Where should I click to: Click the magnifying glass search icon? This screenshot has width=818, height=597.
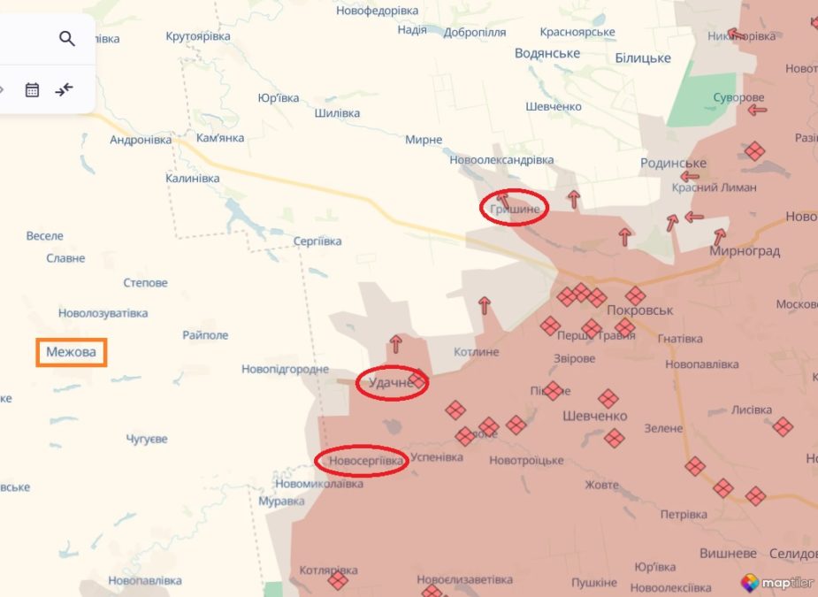click(67, 38)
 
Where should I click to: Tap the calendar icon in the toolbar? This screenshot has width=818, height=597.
click(32, 89)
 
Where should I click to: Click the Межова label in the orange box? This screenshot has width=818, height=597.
click(71, 352)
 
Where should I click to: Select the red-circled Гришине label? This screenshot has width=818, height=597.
click(514, 209)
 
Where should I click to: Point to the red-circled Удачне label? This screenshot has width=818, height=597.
click(391, 383)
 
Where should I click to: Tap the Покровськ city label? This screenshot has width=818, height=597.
click(640, 310)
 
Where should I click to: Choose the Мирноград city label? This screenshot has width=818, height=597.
click(745, 251)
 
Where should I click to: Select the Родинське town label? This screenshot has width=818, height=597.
click(673, 164)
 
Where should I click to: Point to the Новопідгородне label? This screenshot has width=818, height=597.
click(285, 369)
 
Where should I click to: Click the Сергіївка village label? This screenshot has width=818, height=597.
click(317, 241)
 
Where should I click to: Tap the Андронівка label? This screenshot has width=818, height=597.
click(141, 140)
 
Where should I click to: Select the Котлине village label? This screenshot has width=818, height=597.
click(476, 352)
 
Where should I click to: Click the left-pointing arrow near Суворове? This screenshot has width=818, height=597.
click(756, 111)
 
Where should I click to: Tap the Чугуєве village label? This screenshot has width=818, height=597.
click(147, 439)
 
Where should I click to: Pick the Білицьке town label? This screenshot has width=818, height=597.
click(642, 58)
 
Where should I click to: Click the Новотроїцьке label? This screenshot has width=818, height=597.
click(526, 461)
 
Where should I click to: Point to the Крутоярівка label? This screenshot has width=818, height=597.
click(198, 36)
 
